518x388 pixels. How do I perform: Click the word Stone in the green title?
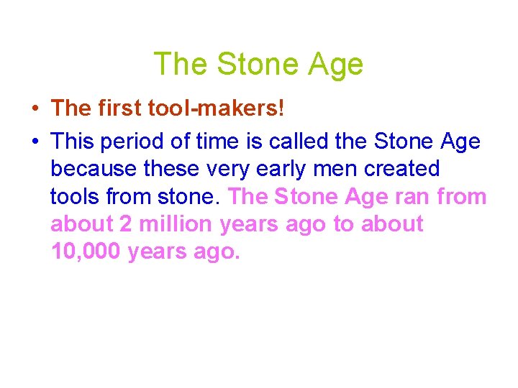(257, 65)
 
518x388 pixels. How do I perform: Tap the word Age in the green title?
(336, 65)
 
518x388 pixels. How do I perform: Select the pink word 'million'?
(176, 223)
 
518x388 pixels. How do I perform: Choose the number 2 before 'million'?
(126, 223)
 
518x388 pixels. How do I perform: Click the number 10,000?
(86, 251)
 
